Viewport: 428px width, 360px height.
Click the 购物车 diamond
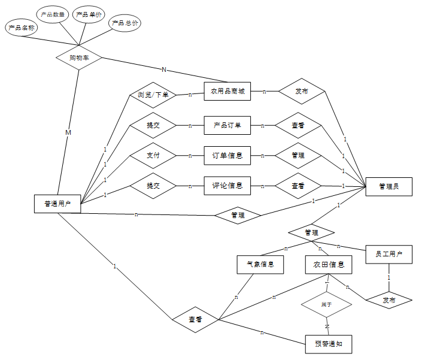(x=79, y=58)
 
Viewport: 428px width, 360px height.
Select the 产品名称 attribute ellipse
(x=22, y=28)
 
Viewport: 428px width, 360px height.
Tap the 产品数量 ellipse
(x=53, y=14)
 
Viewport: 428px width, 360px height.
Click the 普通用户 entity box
(x=57, y=204)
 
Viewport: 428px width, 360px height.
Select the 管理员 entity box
(x=388, y=187)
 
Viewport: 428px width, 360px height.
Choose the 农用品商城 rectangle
(x=227, y=92)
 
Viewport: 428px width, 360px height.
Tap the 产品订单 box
(x=227, y=125)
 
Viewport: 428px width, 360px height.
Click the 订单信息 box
(x=227, y=155)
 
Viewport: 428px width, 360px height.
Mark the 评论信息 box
(x=227, y=186)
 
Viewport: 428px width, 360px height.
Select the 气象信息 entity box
(x=260, y=264)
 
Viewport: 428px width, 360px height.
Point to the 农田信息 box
(x=329, y=264)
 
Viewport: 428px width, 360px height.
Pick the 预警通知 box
(x=329, y=344)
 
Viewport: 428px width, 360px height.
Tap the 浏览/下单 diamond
(x=153, y=95)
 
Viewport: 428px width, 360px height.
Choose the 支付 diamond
(x=153, y=155)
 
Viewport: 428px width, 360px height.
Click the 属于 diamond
(x=326, y=305)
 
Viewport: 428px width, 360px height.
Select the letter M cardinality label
(x=68, y=132)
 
